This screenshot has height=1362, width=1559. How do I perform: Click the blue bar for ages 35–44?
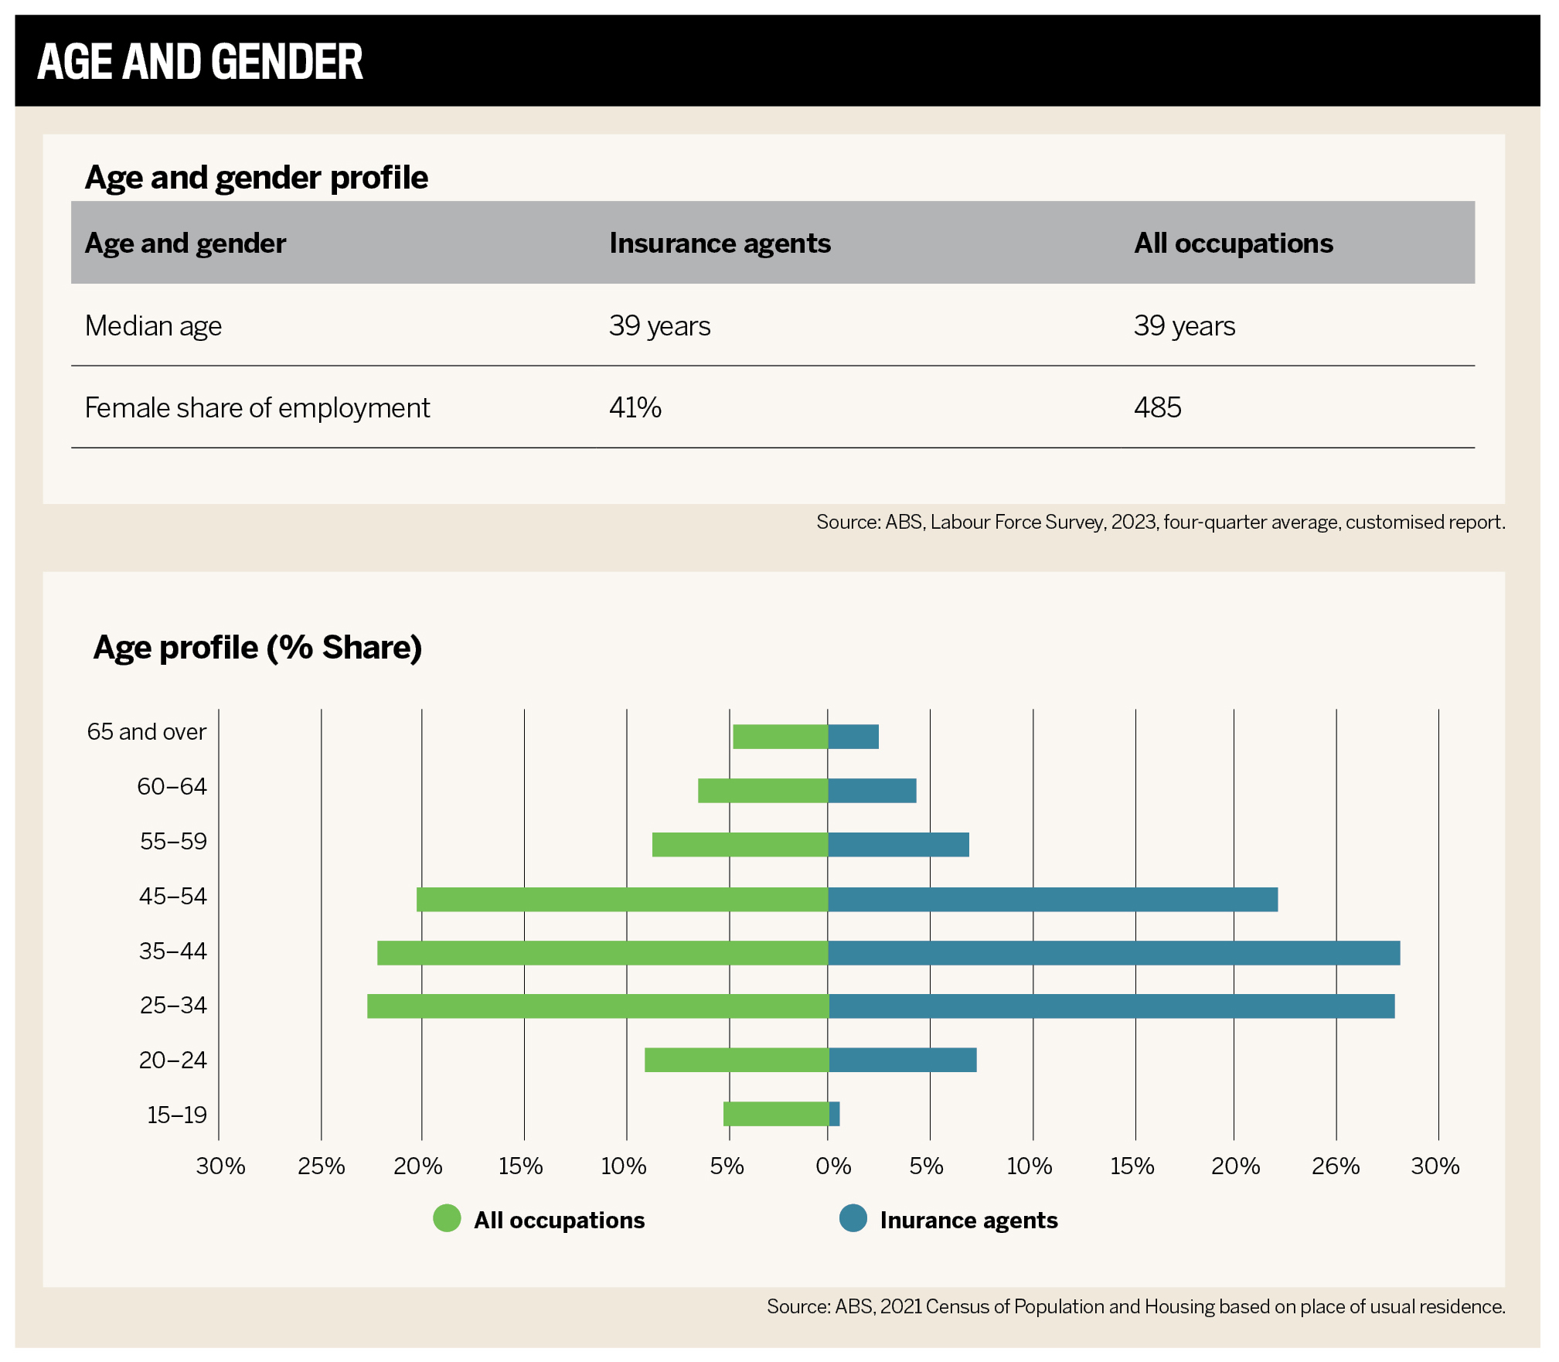(x=1113, y=953)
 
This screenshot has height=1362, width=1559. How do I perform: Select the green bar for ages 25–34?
(x=597, y=1006)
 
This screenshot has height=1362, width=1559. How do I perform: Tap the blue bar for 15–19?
(x=834, y=1114)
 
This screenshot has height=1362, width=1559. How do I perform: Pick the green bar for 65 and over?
(x=780, y=737)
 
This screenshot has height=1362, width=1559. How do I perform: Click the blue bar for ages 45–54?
(x=1052, y=900)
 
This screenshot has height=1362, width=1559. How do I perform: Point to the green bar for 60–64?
(x=762, y=791)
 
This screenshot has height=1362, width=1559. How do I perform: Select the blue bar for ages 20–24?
(x=902, y=1060)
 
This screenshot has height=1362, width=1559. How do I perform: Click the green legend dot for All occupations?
(x=447, y=1218)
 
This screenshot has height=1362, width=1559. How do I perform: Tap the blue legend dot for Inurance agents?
(x=853, y=1218)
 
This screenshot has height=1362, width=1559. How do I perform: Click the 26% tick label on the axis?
(x=1335, y=1166)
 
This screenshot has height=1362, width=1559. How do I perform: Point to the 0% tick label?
(x=832, y=1166)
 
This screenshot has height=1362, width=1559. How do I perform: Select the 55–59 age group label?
(x=173, y=841)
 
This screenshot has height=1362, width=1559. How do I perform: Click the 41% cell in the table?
(x=635, y=407)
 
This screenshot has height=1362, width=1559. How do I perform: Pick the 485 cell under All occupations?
(x=1157, y=407)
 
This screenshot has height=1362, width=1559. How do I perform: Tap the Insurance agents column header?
(x=720, y=243)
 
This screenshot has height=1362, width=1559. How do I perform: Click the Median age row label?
(x=153, y=326)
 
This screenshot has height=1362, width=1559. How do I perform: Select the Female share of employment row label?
(x=257, y=408)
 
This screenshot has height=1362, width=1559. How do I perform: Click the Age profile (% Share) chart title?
(x=257, y=648)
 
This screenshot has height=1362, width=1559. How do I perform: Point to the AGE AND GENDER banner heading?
(x=200, y=62)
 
